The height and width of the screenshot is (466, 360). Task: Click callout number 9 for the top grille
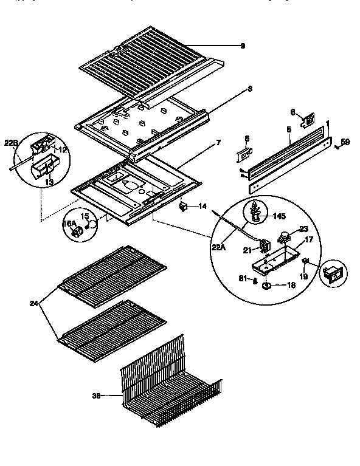click(x=242, y=46)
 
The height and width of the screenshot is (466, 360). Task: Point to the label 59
click(x=345, y=142)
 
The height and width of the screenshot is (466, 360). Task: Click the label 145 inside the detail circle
click(x=279, y=216)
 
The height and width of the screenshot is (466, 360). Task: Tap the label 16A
click(x=68, y=224)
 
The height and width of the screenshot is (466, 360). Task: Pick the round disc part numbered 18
click(x=268, y=286)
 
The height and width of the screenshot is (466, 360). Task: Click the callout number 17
click(x=309, y=240)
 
